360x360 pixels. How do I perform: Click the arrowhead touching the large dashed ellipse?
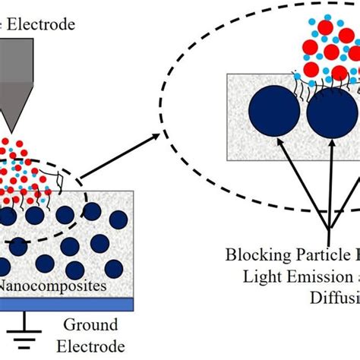156,137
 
